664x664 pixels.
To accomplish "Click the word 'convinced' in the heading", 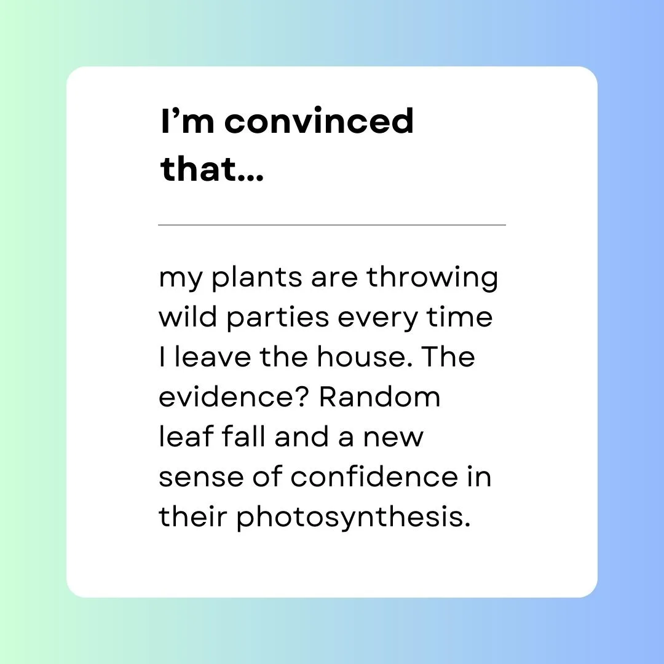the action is click(319, 121).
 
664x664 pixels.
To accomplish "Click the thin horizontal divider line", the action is click(332, 225).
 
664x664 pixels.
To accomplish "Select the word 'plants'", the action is click(256, 279).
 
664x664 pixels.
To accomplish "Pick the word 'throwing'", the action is click(432, 279).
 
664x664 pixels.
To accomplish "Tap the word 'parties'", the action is click(278, 318).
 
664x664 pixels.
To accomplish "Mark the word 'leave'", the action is click(213, 357).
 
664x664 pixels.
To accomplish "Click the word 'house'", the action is click(360, 357).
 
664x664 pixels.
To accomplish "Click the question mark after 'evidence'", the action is click(304, 397).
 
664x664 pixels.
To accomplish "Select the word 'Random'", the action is click(379, 397).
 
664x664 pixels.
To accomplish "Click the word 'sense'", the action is click(200, 478).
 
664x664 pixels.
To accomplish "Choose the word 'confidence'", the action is click(374, 476).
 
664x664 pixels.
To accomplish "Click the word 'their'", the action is click(193, 516).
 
